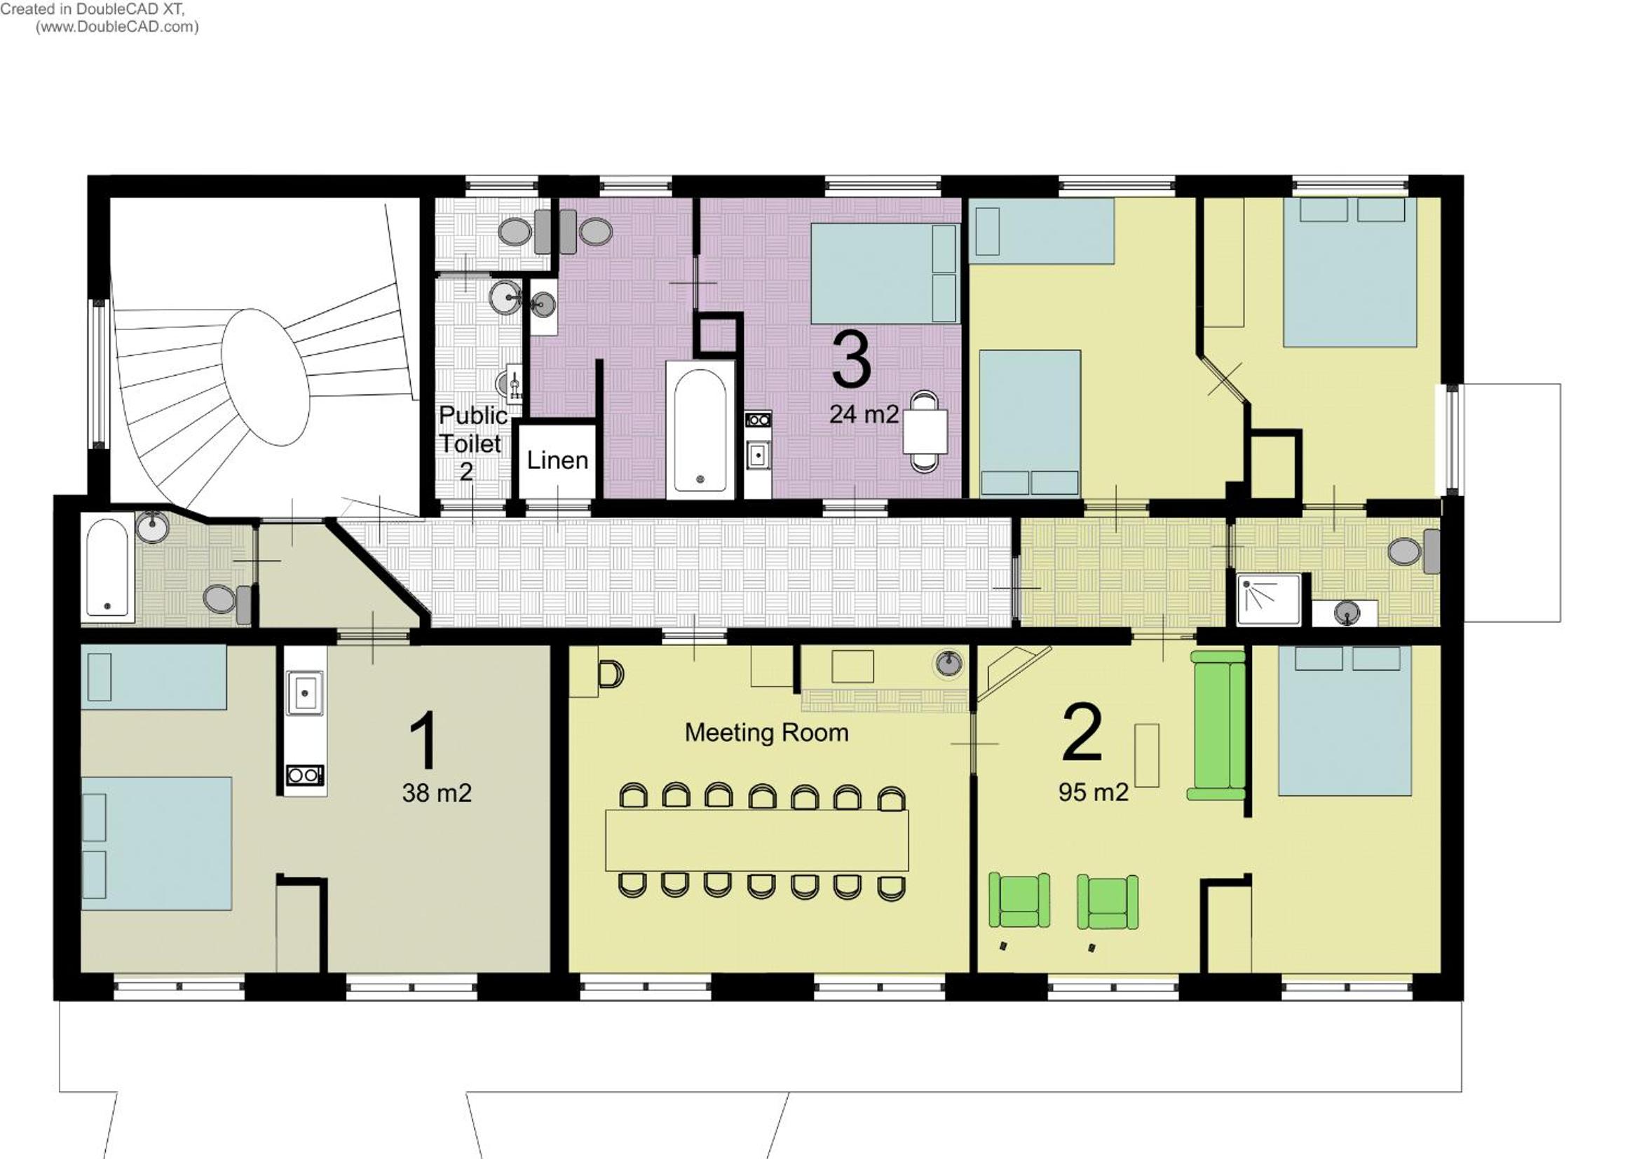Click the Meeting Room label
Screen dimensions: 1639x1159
[x=767, y=733]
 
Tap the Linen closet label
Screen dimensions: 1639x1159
[x=557, y=460]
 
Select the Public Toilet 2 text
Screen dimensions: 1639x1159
[x=472, y=443]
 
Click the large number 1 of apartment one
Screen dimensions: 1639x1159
[x=424, y=740]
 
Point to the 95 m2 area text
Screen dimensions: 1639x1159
[x=1094, y=793]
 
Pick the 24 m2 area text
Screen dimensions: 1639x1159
[x=864, y=414]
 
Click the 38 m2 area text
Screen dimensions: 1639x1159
[x=437, y=793]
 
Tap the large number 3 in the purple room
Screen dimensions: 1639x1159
[x=852, y=361]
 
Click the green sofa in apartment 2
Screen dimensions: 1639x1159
[x=1218, y=725]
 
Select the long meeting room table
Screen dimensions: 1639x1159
[x=756, y=840]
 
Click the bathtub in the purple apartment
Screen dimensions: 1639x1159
[x=700, y=430]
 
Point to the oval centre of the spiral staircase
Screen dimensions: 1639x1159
[x=265, y=377]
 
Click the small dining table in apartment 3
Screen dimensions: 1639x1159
[x=925, y=431]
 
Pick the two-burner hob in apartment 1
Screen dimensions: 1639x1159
[x=304, y=774]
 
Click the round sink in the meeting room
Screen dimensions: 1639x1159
[x=948, y=663]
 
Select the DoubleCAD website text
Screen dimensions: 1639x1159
[x=117, y=27]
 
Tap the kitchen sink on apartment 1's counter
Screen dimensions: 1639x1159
[x=305, y=692]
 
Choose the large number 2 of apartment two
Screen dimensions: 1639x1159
[x=1082, y=733]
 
